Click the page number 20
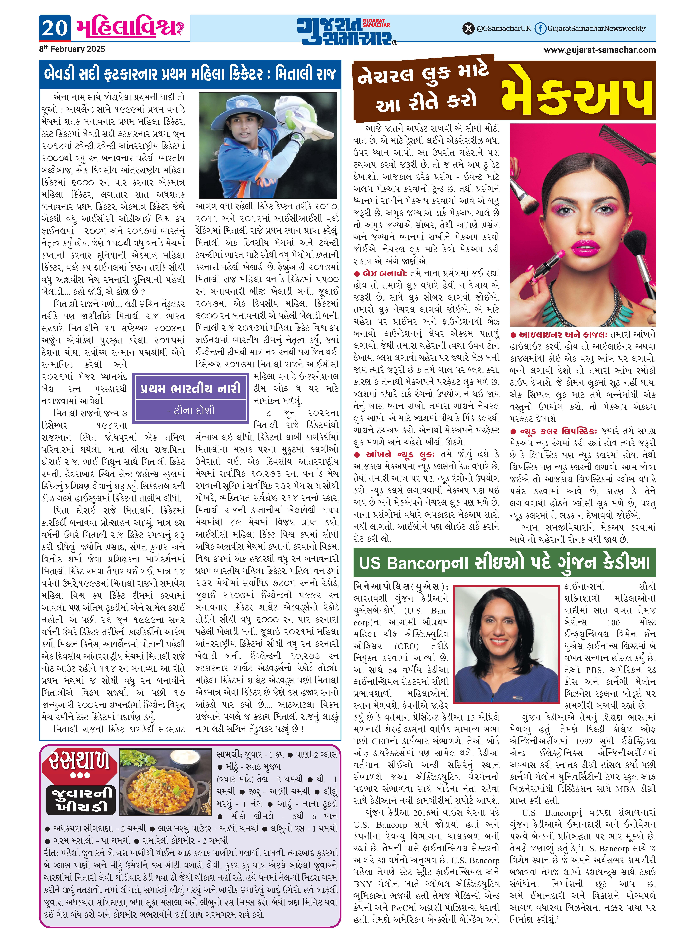pyautogui.click(x=55, y=28)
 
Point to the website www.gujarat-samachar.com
pyautogui.click(x=600, y=50)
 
